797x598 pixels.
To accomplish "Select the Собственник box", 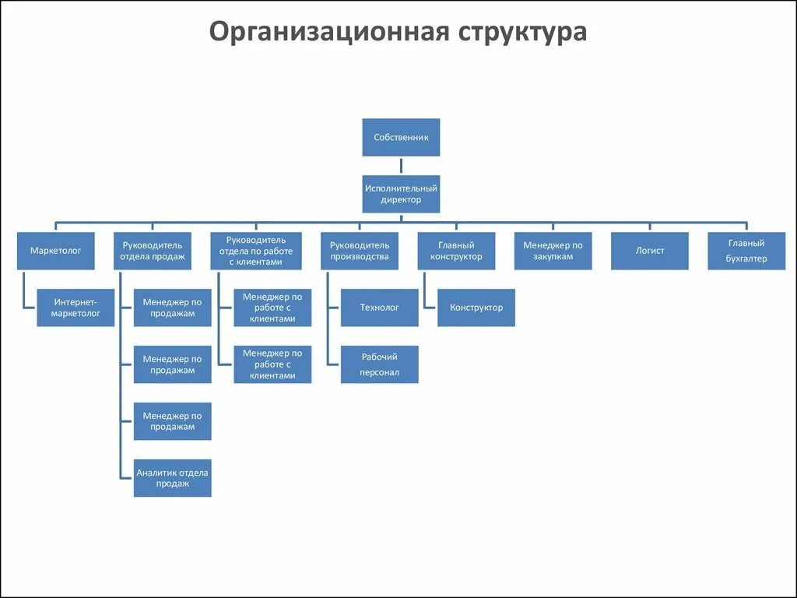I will tap(401, 138).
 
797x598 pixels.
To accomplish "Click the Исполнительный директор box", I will tap(401, 194).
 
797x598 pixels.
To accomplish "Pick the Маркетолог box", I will tap(56, 251).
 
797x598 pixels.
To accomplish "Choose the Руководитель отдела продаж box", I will tap(153, 251).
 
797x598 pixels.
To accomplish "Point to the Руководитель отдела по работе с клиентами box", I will tap(256, 251).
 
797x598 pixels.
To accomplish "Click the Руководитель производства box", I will tap(360, 251).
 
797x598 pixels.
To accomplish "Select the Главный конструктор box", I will tap(456, 251).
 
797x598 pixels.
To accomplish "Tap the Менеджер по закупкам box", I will tap(553, 251).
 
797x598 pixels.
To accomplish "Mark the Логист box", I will tap(649, 251).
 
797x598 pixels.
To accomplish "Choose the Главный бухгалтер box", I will tap(746, 251).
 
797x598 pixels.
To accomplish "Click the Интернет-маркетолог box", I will tap(75, 308).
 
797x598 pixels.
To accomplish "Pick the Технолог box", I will tap(379, 308).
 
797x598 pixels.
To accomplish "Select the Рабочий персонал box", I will tap(379, 364).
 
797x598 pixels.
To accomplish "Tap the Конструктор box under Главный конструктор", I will tap(476, 308).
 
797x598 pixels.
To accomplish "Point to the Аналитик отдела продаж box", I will tap(172, 477).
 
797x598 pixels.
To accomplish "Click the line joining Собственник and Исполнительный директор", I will tap(401, 166).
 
